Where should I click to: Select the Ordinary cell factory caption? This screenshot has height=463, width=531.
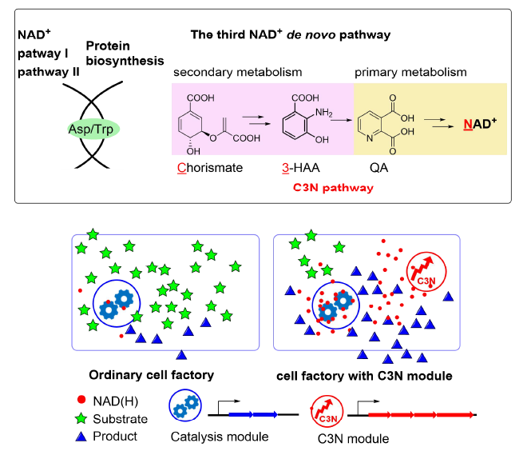point(156,374)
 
